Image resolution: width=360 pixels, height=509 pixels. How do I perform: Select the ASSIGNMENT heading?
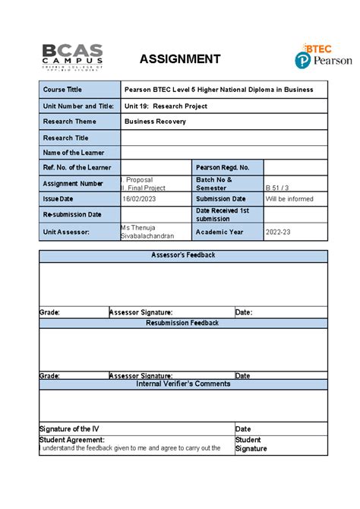click(x=180, y=59)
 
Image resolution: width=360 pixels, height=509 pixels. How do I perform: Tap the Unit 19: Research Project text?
click(x=166, y=106)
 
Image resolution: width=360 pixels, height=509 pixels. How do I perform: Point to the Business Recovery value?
click(x=155, y=122)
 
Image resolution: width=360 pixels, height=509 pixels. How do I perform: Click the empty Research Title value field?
click(x=224, y=138)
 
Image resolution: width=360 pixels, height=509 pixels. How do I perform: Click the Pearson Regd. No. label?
click(x=223, y=167)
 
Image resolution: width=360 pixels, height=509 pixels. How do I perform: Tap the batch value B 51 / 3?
click(x=278, y=187)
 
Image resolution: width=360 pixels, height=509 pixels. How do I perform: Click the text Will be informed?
click(x=289, y=199)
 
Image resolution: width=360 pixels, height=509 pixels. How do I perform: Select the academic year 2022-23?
click(x=279, y=232)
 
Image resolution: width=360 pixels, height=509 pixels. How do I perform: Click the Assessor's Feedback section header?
click(x=183, y=255)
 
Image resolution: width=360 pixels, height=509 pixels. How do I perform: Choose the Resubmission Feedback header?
click(x=183, y=323)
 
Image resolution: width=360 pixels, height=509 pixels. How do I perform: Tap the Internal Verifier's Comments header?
click(x=183, y=384)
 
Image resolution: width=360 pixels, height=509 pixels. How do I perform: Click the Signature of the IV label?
click(x=69, y=429)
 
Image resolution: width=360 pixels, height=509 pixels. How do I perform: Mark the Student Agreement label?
click(x=71, y=440)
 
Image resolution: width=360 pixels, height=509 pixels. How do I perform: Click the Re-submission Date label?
click(x=72, y=215)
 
